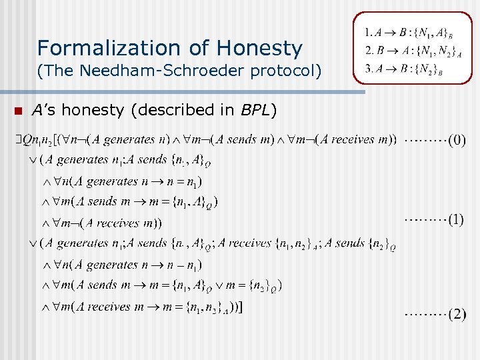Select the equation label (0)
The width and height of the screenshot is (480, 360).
coord(457,141)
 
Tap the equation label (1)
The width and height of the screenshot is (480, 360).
coord(455,219)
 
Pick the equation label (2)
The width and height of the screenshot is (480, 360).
coord(457,314)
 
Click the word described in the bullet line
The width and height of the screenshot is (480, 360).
coord(169,110)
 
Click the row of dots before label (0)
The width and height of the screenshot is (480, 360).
coord(423,141)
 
